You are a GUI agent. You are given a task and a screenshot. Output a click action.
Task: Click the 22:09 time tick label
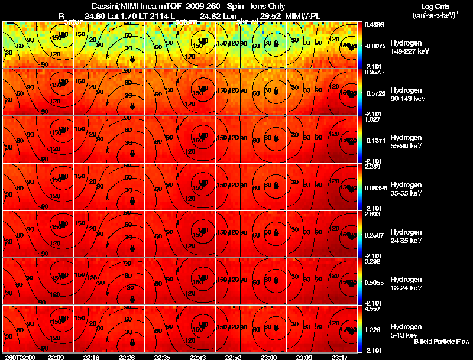point(56,357)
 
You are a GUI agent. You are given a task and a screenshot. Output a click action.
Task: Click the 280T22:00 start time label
point(19,357)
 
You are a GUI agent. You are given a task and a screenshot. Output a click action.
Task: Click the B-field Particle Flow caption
point(442,342)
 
